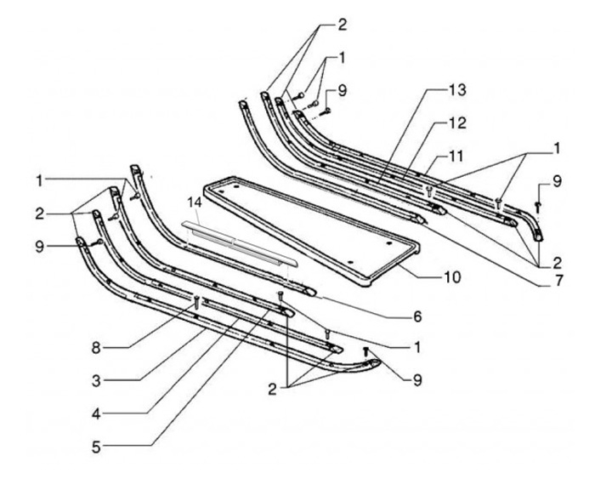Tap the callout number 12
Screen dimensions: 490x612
[457, 124]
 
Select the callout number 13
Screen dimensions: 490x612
[456, 89]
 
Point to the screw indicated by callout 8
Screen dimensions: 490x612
[196, 299]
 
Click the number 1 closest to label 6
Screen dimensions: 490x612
[416, 348]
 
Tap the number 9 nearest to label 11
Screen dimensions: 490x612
[556, 180]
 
